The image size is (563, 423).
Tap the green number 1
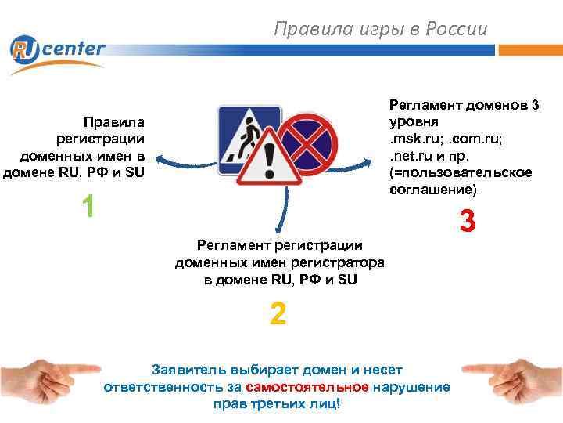[x=88, y=206]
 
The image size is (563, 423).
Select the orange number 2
[x=278, y=314]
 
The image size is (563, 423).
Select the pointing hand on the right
[x=511, y=369]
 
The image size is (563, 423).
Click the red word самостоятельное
[x=307, y=387]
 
